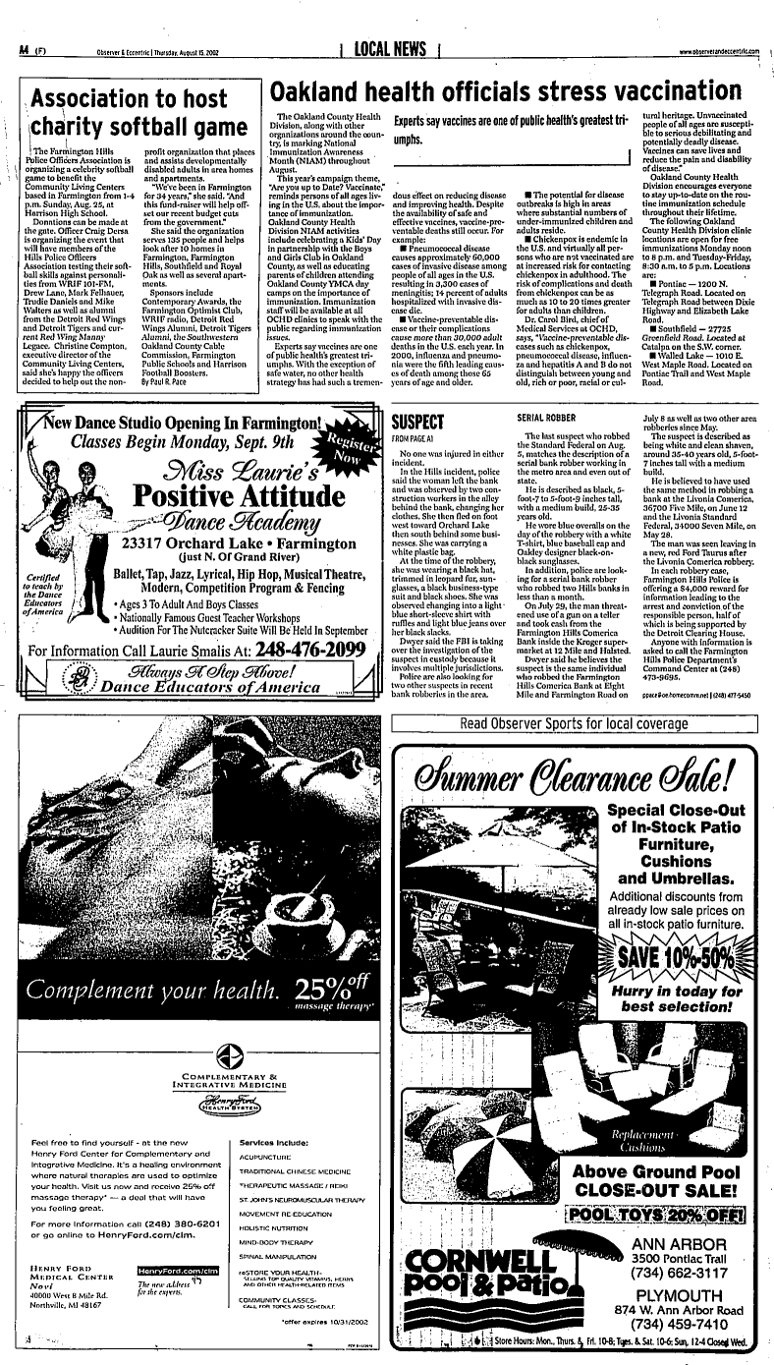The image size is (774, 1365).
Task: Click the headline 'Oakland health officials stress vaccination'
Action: tap(518, 91)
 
